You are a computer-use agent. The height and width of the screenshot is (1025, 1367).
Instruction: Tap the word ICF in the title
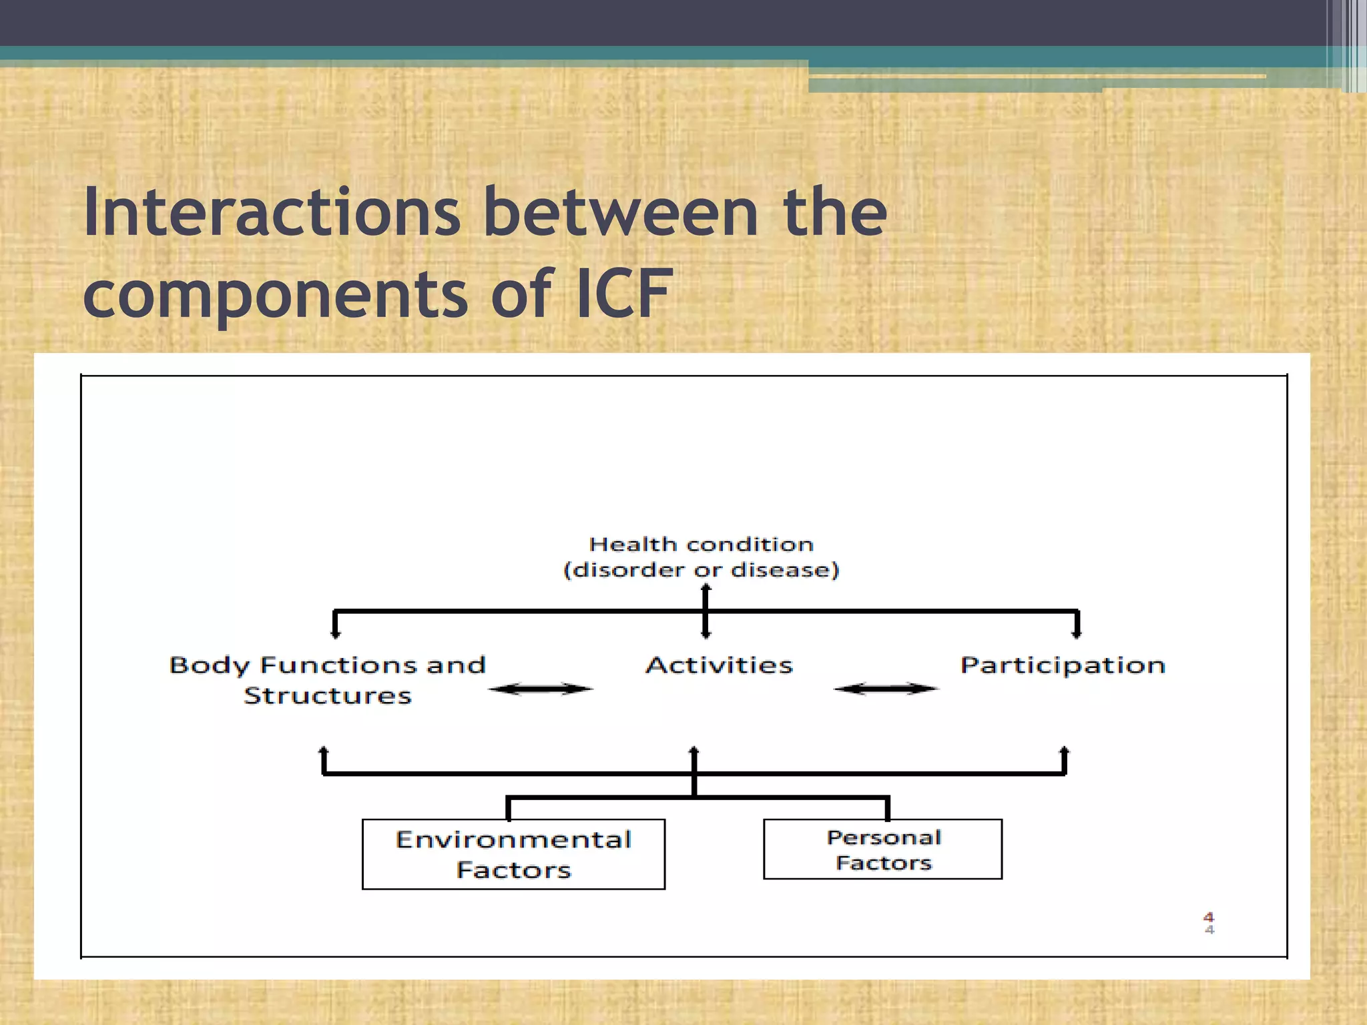(623, 294)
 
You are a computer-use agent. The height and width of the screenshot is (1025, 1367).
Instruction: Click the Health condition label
(701, 545)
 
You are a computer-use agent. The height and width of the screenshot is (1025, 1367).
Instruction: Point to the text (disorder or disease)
(701, 570)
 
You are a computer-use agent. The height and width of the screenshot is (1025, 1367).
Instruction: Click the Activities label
(719, 665)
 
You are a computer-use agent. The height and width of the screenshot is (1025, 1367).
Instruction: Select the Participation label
(1063, 665)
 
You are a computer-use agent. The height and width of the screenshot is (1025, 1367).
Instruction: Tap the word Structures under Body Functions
(327, 696)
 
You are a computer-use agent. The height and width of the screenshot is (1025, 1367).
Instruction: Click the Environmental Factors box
(513, 854)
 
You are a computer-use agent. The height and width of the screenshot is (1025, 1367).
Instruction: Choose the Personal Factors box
(882, 849)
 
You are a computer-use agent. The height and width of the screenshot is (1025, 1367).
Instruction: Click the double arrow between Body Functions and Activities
(540, 689)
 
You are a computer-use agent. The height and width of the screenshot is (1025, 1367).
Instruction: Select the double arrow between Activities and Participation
(886, 689)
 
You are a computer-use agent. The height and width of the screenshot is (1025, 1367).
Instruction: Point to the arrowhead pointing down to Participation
(1076, 633)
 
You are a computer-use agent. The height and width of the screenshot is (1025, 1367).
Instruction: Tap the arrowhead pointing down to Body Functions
(335, 633)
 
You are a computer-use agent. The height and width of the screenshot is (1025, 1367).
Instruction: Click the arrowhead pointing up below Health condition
(706, 589)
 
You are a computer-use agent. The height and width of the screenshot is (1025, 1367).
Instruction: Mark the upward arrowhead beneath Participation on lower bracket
(1065, 751)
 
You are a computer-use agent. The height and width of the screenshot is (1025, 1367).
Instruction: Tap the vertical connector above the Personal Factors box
(887, 808)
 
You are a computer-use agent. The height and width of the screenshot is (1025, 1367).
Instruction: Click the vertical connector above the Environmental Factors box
(509, 808)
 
